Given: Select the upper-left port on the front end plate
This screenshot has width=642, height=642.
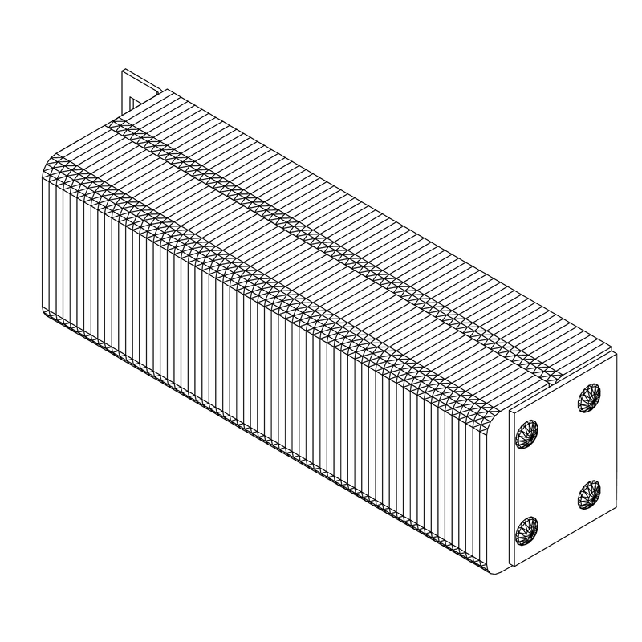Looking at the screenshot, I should coord(527,433).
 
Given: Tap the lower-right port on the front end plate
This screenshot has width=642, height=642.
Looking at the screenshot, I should coord(588,494).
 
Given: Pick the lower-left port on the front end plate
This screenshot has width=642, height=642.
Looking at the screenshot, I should coord(527,530).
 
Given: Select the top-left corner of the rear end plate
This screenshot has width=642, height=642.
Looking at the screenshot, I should coord(122,71).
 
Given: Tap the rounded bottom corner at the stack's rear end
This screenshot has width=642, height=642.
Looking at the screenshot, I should coord(46,313).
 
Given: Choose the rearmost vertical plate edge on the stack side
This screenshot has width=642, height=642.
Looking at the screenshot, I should coord(42,241).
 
